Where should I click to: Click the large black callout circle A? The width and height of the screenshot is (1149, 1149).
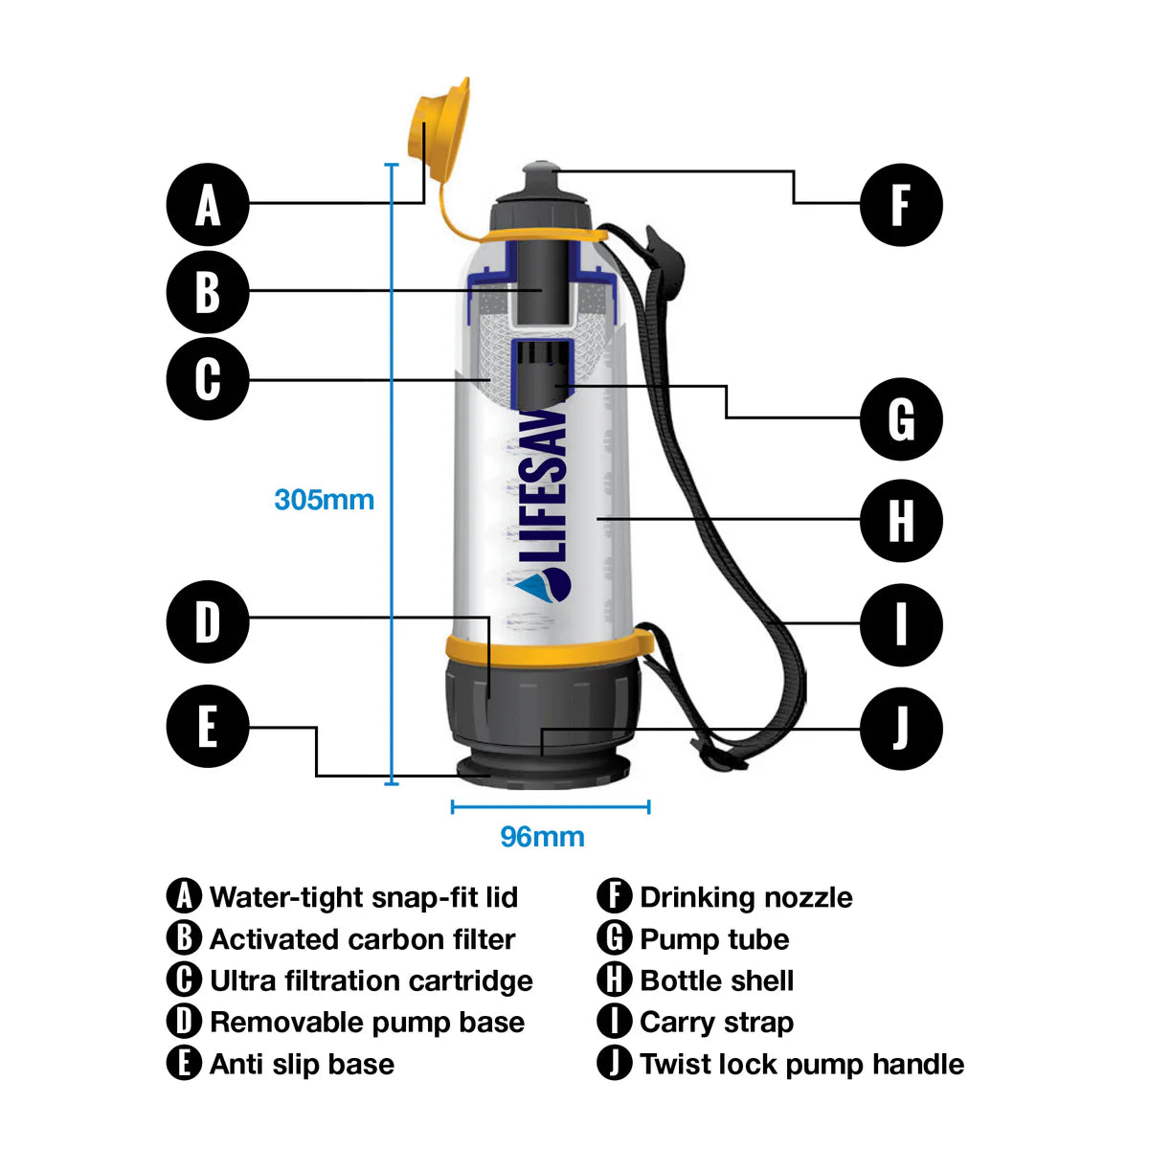[x=208, y=205]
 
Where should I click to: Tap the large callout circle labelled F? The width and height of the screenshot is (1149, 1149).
[x=901, y=205]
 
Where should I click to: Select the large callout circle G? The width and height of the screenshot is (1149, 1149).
[x=901, y=419]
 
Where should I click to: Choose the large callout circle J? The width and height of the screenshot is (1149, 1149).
[x=901, y=729]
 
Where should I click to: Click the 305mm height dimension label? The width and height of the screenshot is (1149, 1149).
[x=324, y=500]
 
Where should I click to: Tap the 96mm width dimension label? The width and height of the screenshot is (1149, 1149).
[x=542, y=837]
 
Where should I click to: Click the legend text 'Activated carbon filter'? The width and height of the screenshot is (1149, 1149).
[x=362, y=939]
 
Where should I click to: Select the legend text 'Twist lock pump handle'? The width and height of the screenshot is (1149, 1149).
[x=801, y=1064]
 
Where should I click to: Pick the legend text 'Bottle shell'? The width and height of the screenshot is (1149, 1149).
[x=716, y=980]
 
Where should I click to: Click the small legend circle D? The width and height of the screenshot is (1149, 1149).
[x=183, y=1022]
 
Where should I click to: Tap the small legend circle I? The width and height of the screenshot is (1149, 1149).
[x=614, y=1022]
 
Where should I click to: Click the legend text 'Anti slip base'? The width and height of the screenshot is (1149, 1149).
[x=302, y=1064]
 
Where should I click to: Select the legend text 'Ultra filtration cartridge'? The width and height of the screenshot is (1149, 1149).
[x=371, y=980]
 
